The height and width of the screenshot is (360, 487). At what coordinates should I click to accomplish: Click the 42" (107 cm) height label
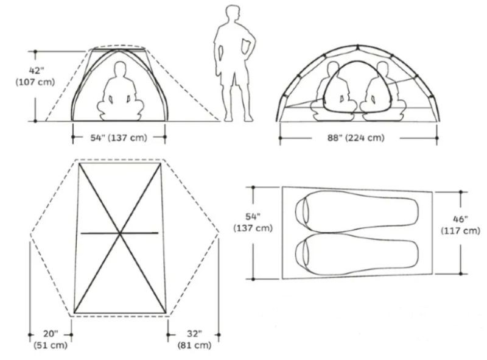(35, 77)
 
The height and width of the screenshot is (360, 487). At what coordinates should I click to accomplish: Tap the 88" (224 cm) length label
(356, 138)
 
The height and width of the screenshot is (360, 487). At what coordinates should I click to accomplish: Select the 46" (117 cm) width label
(461, 225)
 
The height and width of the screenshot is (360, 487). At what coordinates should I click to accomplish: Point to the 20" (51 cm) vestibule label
(51, 339)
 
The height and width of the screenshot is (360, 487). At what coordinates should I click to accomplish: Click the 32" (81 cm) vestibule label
(194, 339)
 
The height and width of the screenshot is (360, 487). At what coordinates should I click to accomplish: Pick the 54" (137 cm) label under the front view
(118, 138)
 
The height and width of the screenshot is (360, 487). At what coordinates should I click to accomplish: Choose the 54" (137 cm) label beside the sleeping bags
(253, 222)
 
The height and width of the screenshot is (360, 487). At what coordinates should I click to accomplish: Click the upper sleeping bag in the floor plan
(357, 211)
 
